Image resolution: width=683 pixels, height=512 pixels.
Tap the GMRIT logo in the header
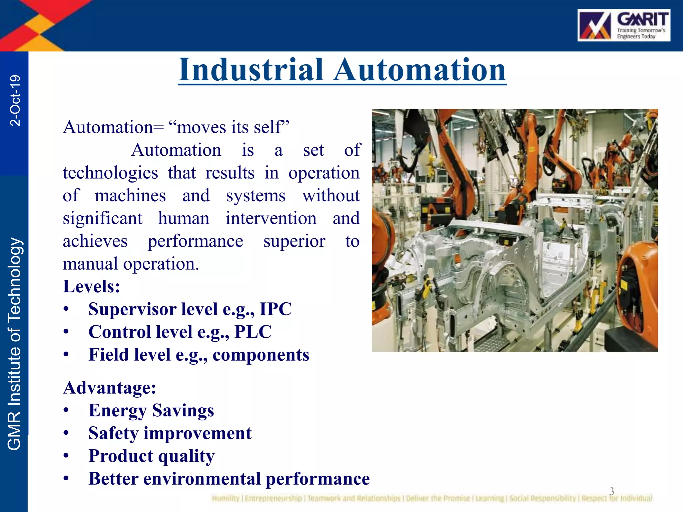point(624,25)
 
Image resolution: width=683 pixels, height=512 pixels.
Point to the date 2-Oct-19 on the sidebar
point(15,100)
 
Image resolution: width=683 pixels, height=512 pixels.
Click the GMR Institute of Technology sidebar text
point(15,343)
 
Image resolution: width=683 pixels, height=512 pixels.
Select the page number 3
point(611,491)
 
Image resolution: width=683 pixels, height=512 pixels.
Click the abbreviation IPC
point(275,309)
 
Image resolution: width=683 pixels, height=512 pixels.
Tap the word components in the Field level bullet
point(261,355)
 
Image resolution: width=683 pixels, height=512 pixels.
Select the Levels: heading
point(91,286)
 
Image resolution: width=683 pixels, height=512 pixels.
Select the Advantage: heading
point(109,388)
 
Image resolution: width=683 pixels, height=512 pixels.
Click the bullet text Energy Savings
point(151,410)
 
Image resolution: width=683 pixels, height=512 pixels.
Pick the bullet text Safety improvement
point(170,433)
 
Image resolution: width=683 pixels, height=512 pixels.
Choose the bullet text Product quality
point(151,456)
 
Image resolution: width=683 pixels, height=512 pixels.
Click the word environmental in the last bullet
point(202,479)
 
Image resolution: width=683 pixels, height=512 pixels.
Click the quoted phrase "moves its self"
point(229,127)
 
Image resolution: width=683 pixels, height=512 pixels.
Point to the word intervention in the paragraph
point(271,219)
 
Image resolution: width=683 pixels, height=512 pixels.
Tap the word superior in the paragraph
point(294,241)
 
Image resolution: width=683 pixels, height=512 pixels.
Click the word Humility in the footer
point(225,498)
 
